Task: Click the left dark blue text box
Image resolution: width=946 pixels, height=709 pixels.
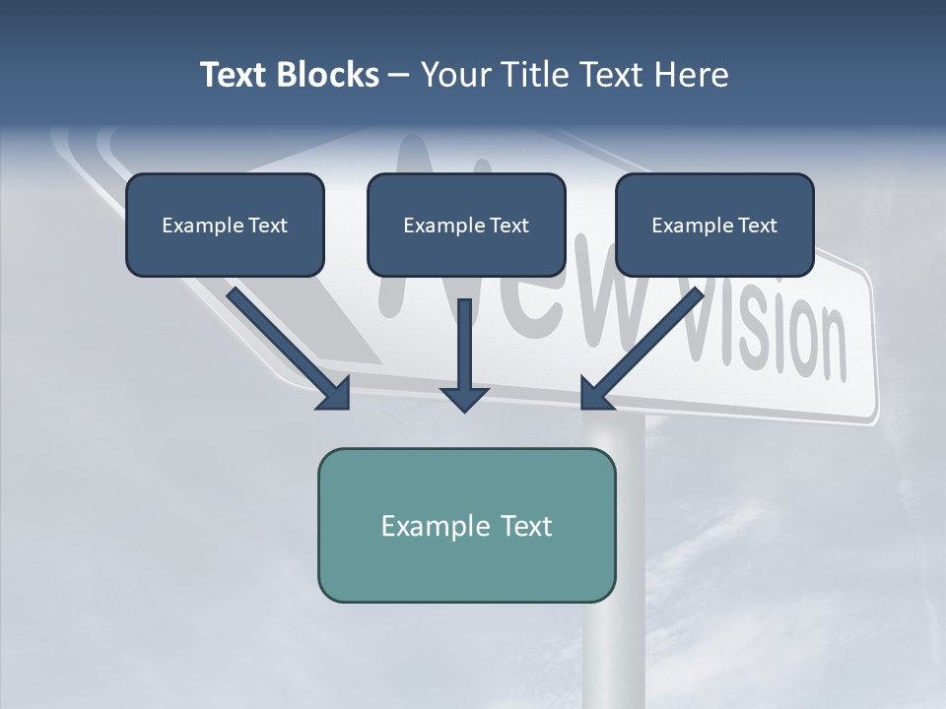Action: coord(225,225)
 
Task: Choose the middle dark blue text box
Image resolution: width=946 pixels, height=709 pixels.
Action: coord(466,225)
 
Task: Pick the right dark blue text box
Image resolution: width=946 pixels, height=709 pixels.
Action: coord(714,225)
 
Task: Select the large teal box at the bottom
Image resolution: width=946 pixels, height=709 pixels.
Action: coord(466,525)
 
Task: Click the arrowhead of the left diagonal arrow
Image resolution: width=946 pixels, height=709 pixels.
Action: coord(335,394)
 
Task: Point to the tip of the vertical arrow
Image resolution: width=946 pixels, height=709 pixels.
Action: coord(464,409)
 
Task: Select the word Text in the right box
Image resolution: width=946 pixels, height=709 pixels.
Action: coord(758,226)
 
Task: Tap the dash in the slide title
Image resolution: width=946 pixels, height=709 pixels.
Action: coord(399,75)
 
